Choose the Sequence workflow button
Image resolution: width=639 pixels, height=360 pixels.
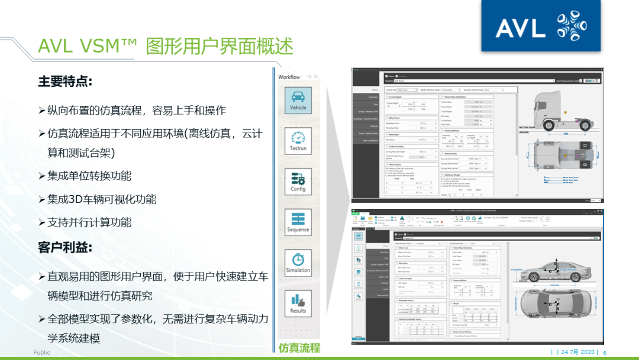coord(298,222)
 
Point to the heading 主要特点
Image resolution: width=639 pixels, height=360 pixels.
coord(65,82)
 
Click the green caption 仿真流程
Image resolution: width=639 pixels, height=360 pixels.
coord(299,348)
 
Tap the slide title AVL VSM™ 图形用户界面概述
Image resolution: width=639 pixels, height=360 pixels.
coord(166,46)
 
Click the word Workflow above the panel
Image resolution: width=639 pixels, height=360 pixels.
coord(289,77)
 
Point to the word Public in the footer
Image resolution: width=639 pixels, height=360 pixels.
coord(42,352)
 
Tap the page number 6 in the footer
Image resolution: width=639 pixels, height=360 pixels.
coord(605,352)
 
